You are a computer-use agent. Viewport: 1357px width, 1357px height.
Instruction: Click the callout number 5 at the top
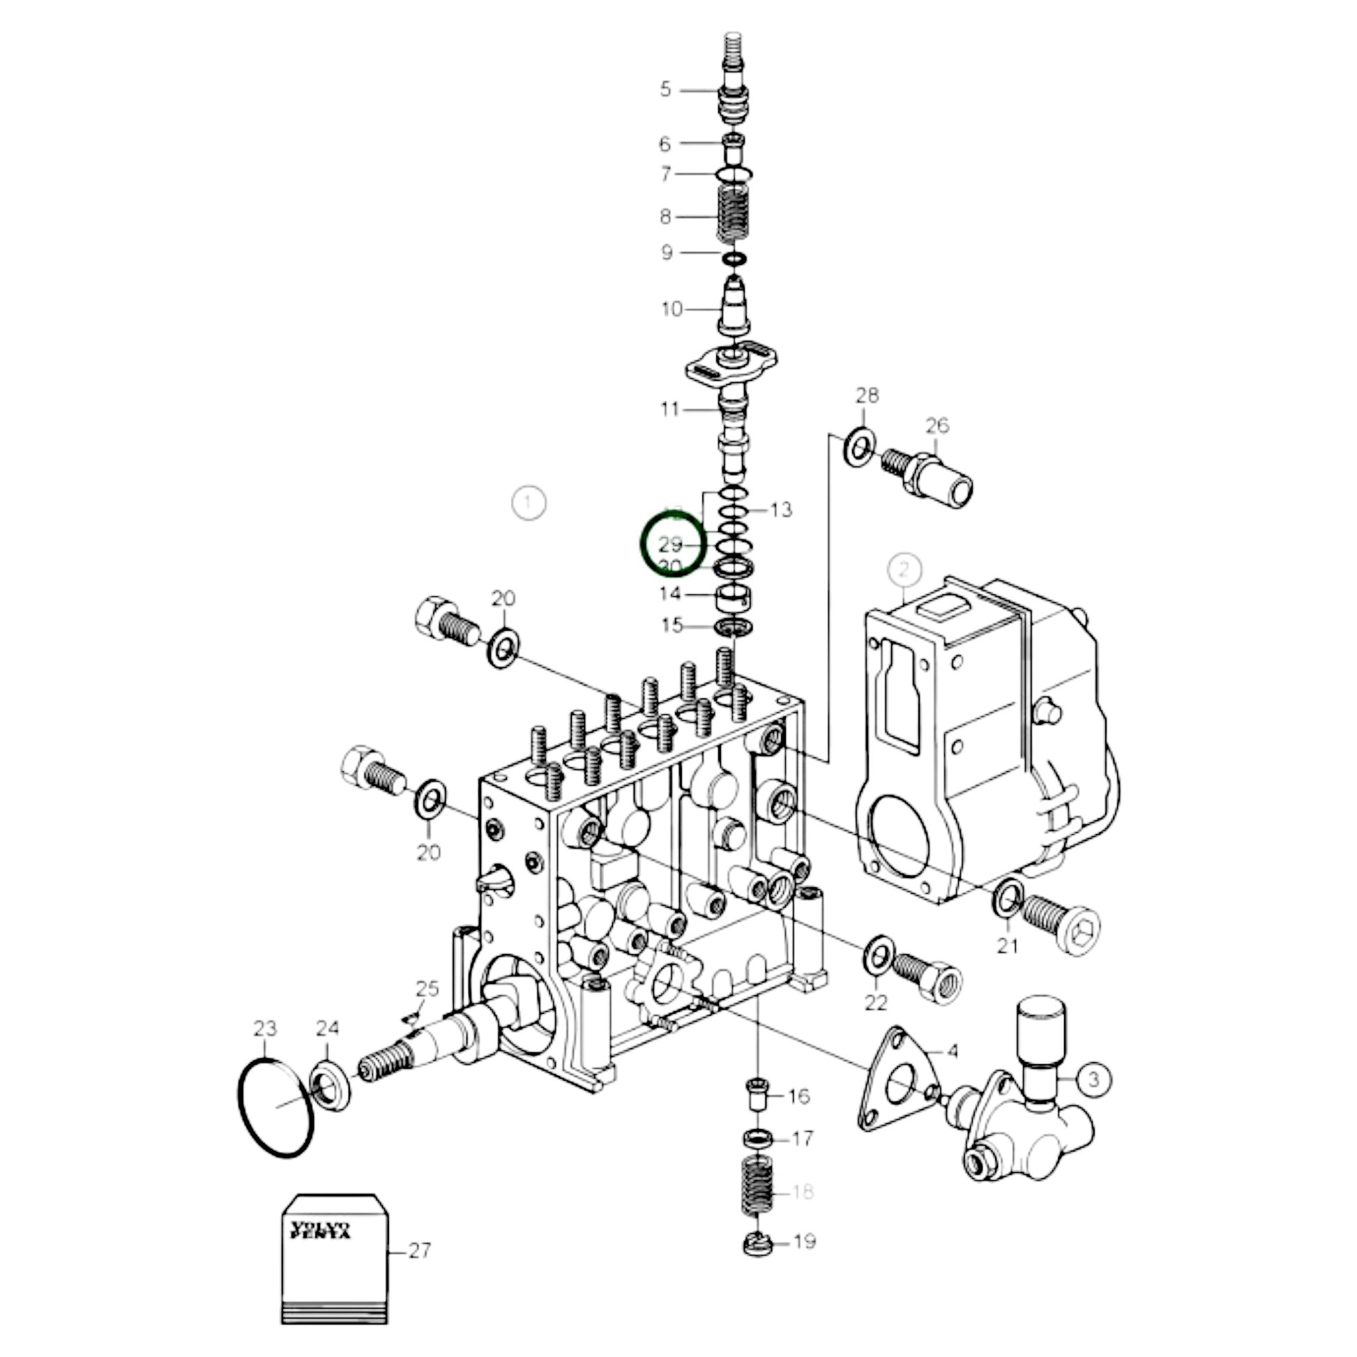[665, 89]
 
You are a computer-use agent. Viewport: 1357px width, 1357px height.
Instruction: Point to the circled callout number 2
[904, 569]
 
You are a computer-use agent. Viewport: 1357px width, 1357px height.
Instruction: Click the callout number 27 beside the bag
[419, 1250]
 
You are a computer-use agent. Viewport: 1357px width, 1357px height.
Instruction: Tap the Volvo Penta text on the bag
[321, 1230]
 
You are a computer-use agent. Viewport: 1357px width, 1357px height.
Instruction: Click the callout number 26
[937, 425]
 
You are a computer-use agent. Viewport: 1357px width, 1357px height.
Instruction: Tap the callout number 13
[781, 509]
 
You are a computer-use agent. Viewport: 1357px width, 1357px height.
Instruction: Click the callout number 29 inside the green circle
[670, 544]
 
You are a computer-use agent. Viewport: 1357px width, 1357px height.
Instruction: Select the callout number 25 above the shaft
[427, 988]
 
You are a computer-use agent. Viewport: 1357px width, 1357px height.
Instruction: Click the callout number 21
[1007, 946]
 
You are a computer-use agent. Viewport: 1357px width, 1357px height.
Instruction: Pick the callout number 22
[876, 1002]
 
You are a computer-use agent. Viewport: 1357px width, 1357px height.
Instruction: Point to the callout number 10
[672, 308]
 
